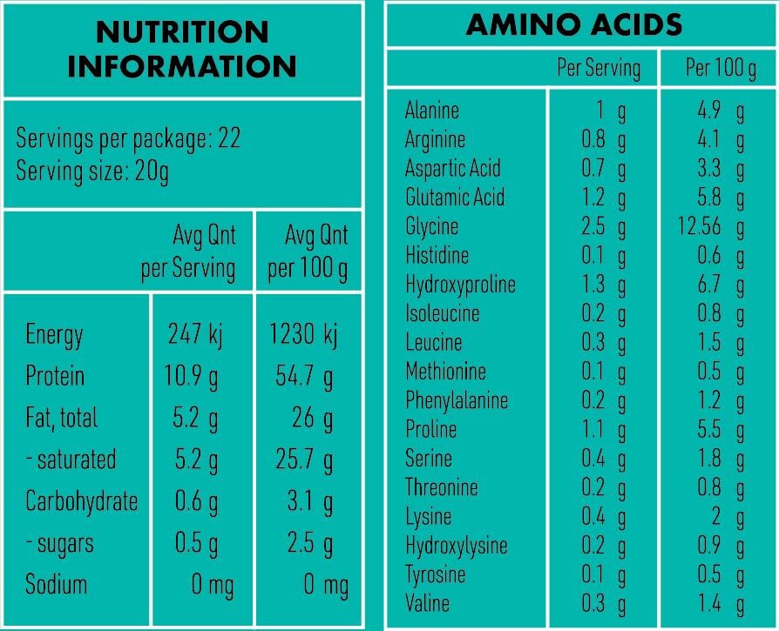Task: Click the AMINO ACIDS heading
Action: coord(574,24)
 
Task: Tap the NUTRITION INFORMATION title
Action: coord(182,49)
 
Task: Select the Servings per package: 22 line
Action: coord(128,139)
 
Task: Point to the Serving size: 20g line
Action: coord(92,170)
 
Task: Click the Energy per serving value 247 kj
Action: coord(195,334)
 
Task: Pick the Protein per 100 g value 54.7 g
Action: coord(304,377)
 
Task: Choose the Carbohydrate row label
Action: coord(81,502)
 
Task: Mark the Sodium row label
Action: coord(56,584)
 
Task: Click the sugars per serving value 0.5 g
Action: coord(195,544)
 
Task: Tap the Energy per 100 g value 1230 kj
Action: coord(304,334)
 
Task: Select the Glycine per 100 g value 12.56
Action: coord(700,227)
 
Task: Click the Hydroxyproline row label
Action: coord(460,285)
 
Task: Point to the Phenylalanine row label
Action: coord(456,401)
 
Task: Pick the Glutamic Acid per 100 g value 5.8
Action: coord(709,198)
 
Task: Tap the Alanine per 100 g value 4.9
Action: coord(709,111)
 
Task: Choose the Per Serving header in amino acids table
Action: coord(599,68)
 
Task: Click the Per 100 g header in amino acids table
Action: coord(721,68)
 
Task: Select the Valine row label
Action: coord(427,603)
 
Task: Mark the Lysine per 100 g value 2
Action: coord(715,517)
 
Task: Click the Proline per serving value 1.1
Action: coord(593,430)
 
